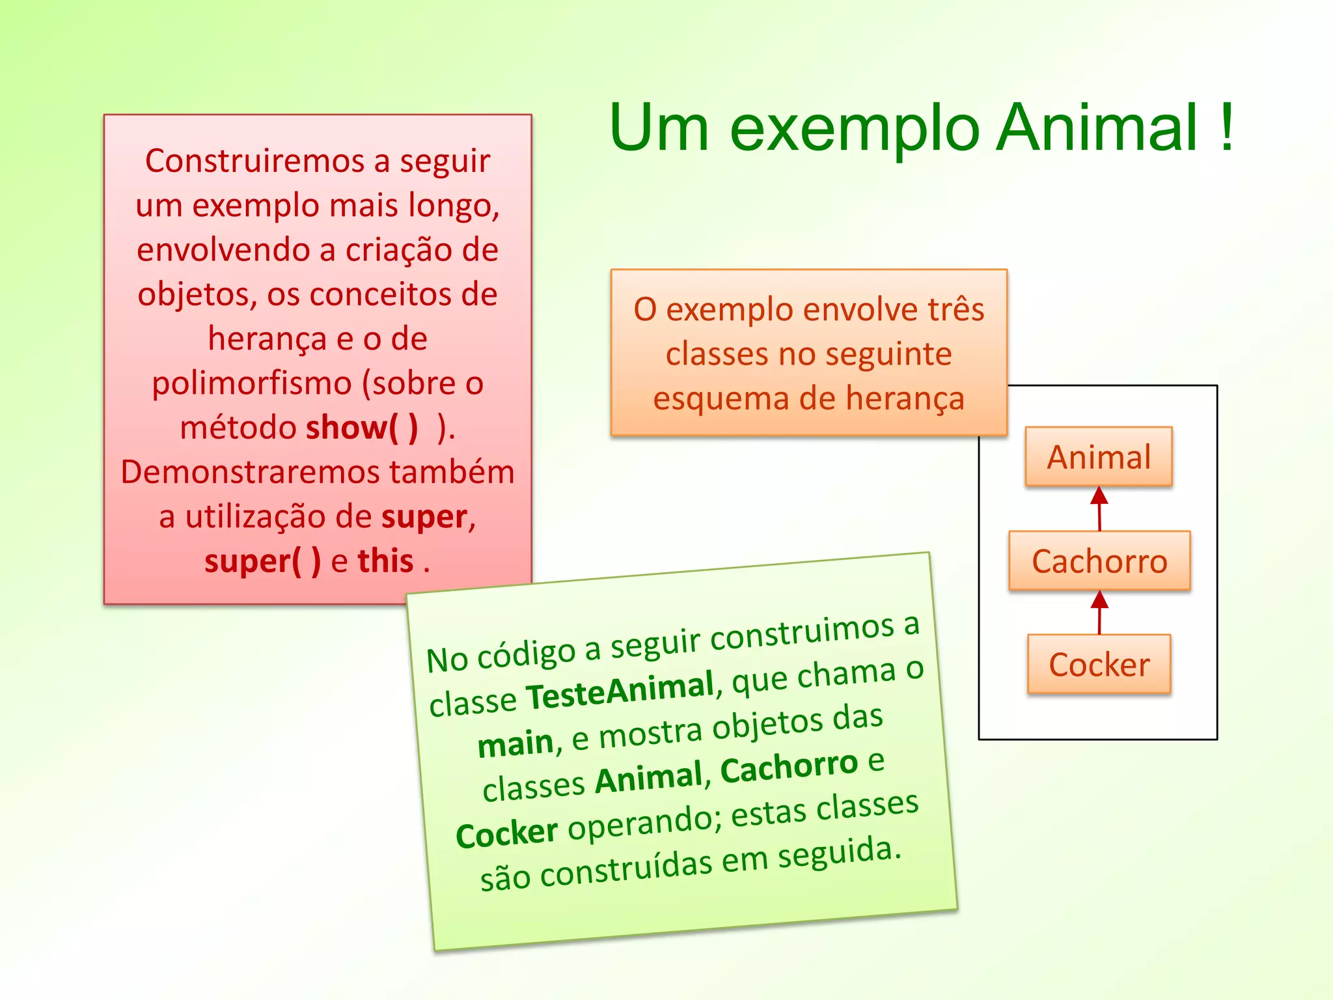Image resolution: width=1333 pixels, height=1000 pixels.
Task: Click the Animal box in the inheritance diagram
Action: coord(1099,456)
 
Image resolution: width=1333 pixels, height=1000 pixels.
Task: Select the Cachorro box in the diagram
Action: coord(1099,561)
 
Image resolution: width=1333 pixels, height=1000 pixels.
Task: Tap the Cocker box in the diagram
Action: coord(1099,664)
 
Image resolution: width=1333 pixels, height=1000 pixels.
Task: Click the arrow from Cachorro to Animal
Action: coord(1099,508)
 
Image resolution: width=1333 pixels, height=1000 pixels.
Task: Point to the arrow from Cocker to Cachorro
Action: coord(1099,612)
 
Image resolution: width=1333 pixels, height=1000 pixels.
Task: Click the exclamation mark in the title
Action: coord(1226,127)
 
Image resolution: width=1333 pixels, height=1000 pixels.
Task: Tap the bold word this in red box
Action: coord(385,561)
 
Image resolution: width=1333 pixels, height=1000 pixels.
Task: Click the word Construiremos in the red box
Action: coord(254,161)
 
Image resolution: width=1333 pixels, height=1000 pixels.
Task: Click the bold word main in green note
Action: coord(515,743)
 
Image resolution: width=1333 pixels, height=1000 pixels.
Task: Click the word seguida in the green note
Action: coord(840,853)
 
